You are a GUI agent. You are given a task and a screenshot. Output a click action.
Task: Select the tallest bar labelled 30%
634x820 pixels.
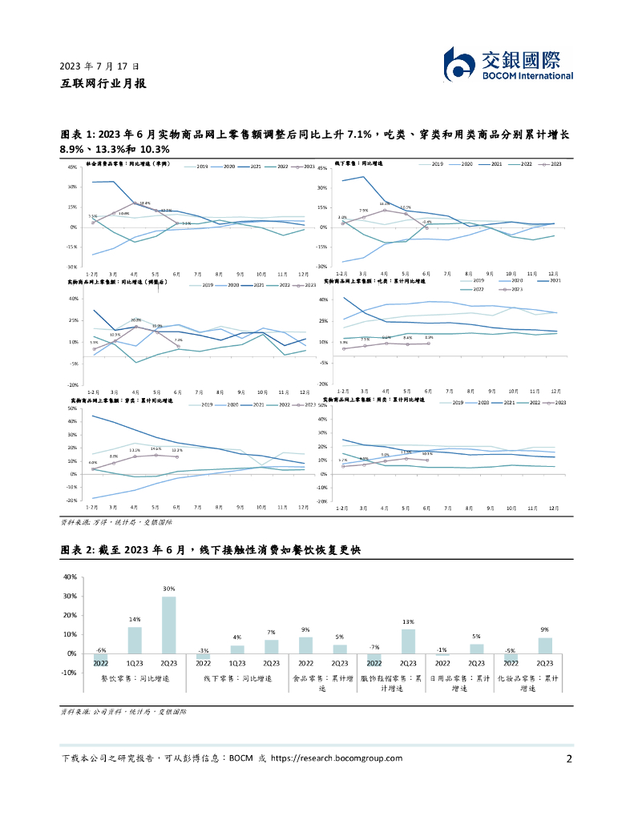tap(168, 625)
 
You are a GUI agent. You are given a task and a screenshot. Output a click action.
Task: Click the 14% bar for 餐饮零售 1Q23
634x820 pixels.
tap(135, 640)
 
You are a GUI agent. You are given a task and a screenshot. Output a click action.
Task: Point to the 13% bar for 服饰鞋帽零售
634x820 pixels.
tap(408, 641)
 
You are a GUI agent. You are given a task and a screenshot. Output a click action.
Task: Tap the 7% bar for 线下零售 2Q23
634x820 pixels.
tap(272, 646)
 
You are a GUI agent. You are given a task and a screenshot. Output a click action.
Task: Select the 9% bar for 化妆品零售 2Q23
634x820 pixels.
tap(545, 645)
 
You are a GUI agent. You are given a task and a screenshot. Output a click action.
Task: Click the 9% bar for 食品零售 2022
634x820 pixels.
tap(306, 645)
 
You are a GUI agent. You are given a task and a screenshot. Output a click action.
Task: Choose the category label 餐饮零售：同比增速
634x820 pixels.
tap(135, 677)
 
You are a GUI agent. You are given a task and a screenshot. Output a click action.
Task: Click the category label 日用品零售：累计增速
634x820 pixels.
tap(459, 682)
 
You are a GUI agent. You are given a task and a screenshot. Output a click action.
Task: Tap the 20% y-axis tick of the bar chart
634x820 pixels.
tap(69, 615)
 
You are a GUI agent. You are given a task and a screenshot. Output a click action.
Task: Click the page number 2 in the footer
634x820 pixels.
tap(569, 759)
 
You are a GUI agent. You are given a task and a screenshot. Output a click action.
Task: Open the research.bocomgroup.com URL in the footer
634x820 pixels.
tap(337, 758)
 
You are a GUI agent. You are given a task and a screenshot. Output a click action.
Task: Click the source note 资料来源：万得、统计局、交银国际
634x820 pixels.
tap(110, 522)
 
